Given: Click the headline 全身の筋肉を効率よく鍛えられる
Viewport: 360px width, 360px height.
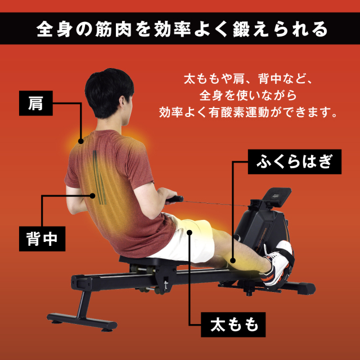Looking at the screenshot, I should [x=180, y=28].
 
